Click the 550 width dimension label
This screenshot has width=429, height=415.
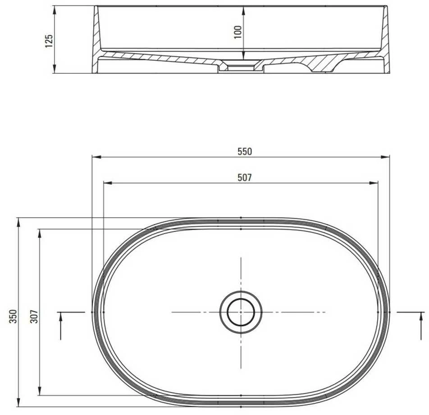(x=244, y=151)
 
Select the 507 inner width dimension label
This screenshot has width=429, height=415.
(x=244, y=178)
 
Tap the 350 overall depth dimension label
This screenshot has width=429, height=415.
(x=13, y=316)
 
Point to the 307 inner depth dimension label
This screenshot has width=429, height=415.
(x=34, y=316)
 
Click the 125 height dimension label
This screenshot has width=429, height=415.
(x=49, y=41)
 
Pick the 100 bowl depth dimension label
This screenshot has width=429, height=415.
(x=238, y=32)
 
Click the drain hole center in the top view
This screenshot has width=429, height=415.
(x=241, y=312)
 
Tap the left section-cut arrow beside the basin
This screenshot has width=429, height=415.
(x=60, y=325)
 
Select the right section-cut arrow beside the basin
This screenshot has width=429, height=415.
(x=421, y=325)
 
